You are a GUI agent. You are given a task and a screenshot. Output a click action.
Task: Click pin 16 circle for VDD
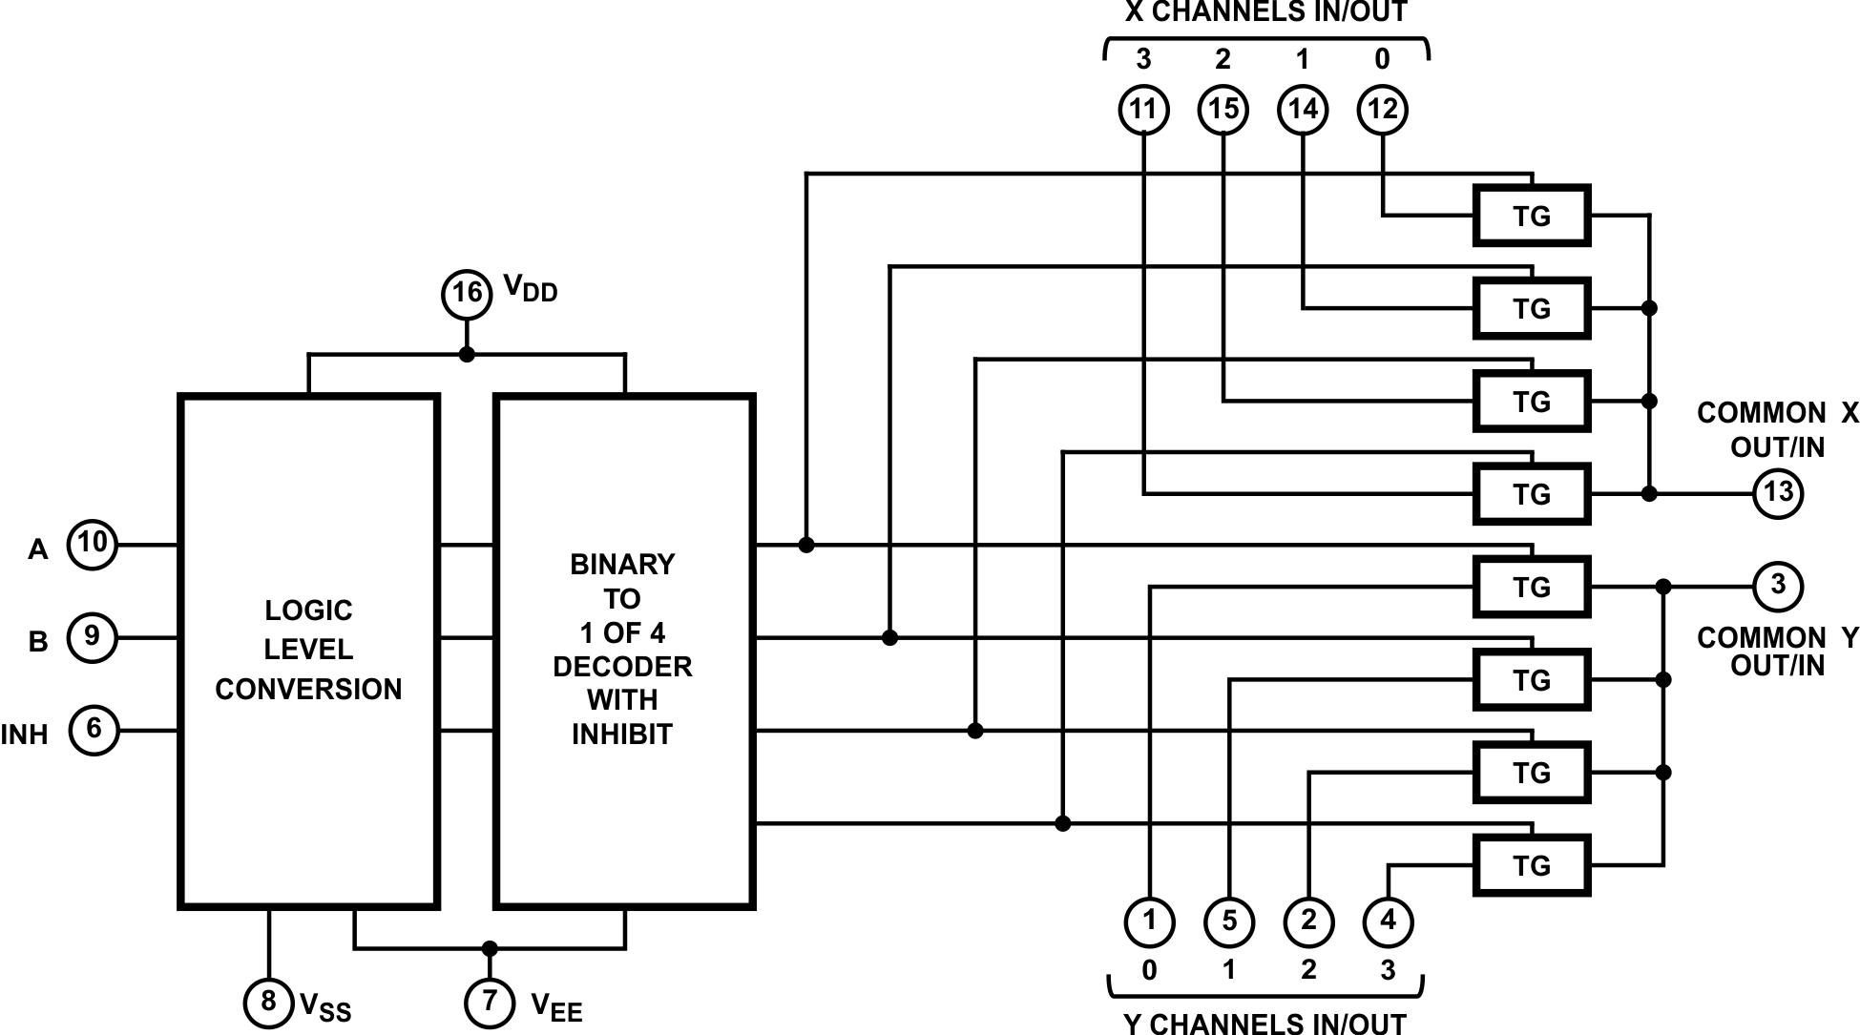467,292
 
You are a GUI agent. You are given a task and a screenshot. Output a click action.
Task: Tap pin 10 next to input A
92,545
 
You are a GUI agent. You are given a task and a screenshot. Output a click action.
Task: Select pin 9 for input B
92,637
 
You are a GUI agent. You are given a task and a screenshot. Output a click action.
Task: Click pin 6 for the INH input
94,730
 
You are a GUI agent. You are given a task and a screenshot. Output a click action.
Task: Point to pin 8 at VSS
268,1002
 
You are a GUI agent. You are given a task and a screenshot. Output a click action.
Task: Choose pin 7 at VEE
490,1002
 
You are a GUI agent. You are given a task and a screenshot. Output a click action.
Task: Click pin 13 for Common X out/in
1778,493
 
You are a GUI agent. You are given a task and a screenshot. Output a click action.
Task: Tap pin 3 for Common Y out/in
1778,585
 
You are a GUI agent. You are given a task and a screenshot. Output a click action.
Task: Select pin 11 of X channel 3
1143,110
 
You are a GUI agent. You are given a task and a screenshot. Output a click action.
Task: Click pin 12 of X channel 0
1382,110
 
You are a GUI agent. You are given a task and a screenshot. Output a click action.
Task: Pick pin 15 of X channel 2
1223,110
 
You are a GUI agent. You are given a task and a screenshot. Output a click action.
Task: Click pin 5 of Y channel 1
1229,921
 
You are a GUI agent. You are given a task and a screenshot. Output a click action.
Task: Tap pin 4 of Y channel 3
1388,921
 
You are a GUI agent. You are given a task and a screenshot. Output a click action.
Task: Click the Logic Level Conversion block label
308,650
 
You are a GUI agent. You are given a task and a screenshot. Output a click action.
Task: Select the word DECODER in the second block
622,666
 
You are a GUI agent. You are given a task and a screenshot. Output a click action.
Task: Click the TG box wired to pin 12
1531,217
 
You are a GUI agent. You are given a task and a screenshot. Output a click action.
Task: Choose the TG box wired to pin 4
1531,865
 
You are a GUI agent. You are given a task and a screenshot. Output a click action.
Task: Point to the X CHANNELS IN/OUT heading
1265,12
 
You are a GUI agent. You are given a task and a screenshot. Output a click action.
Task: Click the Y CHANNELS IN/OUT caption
1265,1024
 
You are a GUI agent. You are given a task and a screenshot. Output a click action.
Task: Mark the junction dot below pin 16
467,355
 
